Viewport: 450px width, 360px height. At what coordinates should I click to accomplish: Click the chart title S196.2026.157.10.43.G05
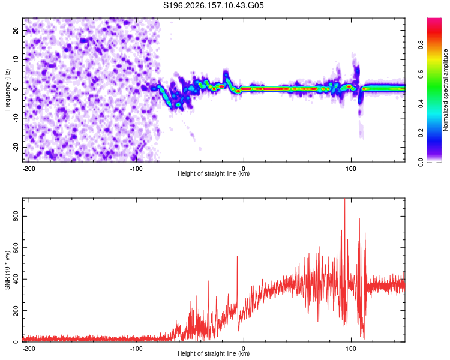click(213, 5)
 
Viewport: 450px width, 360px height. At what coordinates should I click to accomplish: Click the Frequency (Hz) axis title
click(7, 89)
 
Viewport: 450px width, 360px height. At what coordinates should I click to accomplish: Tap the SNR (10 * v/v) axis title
click(7, 270)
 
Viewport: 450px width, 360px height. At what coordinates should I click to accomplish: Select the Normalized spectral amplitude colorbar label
click(445, 90)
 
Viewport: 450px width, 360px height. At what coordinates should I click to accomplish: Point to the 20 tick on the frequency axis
click(16, 30)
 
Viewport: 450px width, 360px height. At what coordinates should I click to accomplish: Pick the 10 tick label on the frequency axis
click(16, 59)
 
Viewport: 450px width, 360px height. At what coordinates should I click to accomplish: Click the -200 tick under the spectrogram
click(28, 168)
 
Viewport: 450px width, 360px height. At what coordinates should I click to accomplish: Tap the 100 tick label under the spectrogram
click(351, 168)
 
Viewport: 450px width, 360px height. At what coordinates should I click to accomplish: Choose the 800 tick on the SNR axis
click(16, 216)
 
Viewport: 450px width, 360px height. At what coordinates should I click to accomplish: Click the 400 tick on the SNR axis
click(16, 279)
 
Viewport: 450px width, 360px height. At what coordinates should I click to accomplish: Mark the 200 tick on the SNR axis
click(16, 311)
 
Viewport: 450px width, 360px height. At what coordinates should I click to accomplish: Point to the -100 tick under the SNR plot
click(136, 349)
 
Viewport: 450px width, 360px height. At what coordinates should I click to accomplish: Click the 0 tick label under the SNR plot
click(244, 349)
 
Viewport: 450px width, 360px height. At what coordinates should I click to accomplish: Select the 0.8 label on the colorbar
click(421, 44)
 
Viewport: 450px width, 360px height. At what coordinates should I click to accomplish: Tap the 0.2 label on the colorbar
click(421, 133)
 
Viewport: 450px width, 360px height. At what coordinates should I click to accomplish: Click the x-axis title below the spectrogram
click(214, 173)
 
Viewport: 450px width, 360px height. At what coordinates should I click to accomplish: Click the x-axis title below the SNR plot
click(214, 353)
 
